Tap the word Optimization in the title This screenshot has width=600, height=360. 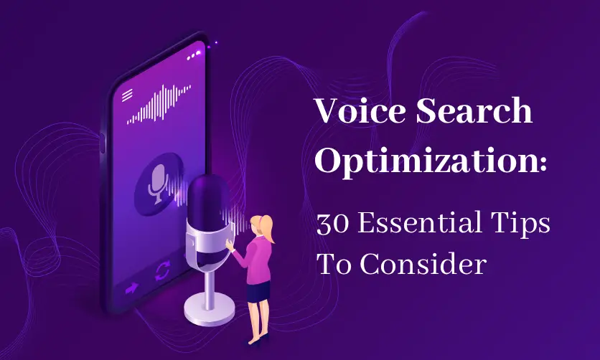coord(425,161)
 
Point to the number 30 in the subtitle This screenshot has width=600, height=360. coord(332,224)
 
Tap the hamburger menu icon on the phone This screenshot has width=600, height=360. coord(127,95)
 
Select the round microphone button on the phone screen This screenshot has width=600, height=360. coord(159,184)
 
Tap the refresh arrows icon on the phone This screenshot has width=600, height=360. coord(163,270)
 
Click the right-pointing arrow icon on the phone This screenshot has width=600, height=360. coord(131,288)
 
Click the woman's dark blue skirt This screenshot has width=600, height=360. coord(258,291)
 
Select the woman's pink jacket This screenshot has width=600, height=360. coord(254,260)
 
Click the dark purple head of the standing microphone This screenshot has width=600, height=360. coord(208,201)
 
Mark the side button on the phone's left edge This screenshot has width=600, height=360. coord(102,143)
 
